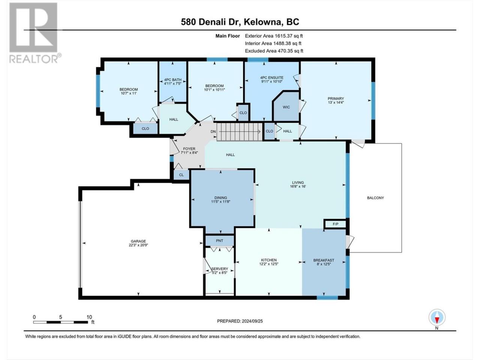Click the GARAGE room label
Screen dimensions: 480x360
(138, 241)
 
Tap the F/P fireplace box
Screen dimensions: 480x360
(335, 224)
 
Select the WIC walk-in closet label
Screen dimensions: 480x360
(286, 107)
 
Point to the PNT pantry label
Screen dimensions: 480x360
(219, 241)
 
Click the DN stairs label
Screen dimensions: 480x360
(213, 132)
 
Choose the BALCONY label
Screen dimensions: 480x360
(375, 198)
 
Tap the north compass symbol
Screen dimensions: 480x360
(437, 317)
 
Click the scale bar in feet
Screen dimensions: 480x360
(61, 322)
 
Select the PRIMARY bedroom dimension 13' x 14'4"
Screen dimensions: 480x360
(336, 102)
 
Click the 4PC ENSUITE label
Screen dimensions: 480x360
(271, 78)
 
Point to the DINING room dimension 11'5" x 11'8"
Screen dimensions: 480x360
(220, 202)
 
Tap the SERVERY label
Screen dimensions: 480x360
(219, 269)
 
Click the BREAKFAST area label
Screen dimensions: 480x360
(324, 260)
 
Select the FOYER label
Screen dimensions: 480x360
(189, 149)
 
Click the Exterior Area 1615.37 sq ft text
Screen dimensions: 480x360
(274, 36)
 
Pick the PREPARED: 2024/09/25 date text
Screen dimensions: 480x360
(240, 321)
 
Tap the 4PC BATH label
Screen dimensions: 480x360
(173, 80)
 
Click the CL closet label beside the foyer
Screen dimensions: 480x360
(181, 175)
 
